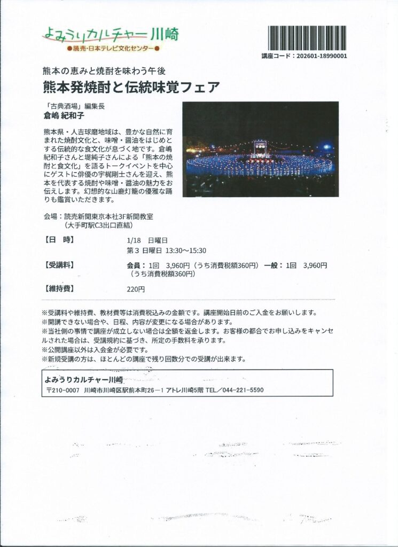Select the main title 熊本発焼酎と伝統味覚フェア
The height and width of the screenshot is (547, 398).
pos(131,87)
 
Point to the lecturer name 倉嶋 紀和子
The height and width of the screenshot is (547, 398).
pos(65,115)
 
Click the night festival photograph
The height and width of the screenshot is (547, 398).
pos(261,149)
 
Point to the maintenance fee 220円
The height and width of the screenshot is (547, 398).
pos(136,289)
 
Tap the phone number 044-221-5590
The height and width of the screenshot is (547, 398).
pos(244,390)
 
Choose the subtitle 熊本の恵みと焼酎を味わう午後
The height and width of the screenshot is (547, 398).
pos(102,71)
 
